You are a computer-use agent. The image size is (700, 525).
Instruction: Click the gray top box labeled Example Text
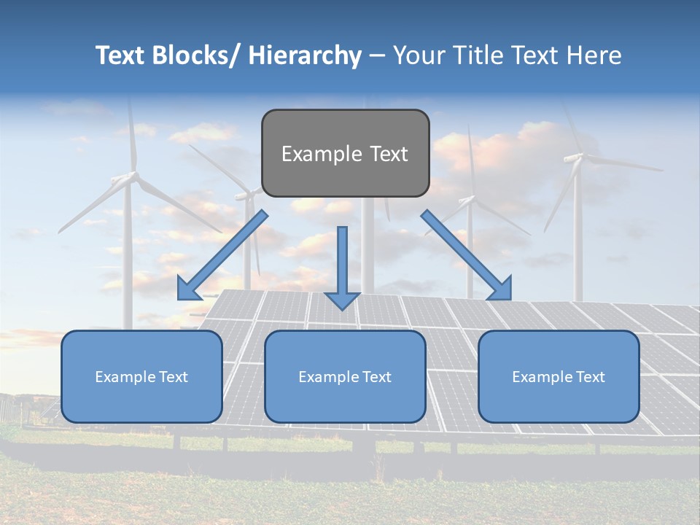click(345, 153)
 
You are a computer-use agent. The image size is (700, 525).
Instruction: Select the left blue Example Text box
click(141, 376)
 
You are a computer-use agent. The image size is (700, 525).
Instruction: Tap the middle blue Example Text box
click(345, 376)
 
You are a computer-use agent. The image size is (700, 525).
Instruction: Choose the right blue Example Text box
click(559, 376)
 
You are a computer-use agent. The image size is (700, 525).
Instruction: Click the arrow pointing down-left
click(222, 256)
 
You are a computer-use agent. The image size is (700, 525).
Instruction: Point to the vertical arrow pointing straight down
click(342, 267)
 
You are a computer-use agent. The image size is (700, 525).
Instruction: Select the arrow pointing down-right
click(467, 256)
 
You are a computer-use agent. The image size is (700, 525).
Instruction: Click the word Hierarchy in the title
click(305, 55)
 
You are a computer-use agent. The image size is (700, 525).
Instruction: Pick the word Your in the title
click(418, 55)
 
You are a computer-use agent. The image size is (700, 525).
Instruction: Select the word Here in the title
click(596, 55)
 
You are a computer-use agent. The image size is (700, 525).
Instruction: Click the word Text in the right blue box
click(590, 376)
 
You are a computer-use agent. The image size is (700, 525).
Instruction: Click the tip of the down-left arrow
click(179, 298)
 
